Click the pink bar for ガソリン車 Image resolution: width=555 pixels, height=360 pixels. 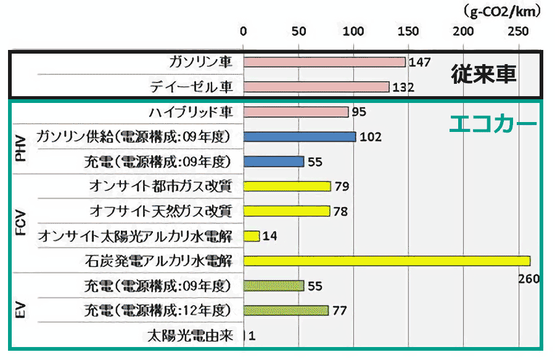(324, 62)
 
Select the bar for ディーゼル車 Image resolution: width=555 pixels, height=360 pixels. (316, 87)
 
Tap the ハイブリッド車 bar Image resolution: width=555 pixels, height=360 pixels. (296, 112)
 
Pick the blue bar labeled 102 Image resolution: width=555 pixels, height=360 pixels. (300, 137)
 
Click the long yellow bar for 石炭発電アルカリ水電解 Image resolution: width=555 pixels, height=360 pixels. (387, 261)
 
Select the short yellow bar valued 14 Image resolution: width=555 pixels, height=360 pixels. (252, 236)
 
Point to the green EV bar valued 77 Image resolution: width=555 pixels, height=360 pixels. (286, 310)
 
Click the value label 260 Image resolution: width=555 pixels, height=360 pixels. (528, 279)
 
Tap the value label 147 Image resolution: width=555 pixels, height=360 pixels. (419, 62)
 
